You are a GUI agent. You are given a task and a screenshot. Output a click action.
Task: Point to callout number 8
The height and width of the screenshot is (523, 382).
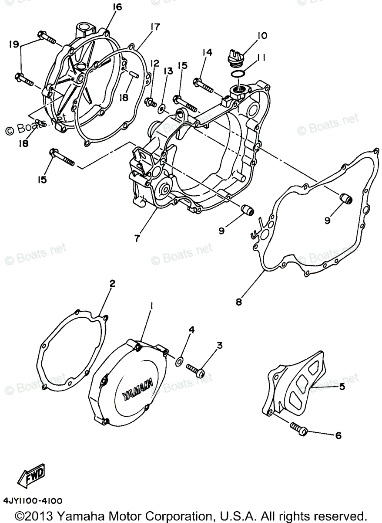tap(239, 301)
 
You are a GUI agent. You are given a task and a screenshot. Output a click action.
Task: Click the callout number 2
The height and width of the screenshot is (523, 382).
tap(112, 284)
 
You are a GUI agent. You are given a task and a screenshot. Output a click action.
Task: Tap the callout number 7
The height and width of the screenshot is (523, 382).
tap(137, 238)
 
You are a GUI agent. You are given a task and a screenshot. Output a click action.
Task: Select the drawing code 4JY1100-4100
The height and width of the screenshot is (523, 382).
tap(33, 500)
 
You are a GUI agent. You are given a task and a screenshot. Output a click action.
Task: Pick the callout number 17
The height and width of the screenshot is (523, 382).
tap(143, 27)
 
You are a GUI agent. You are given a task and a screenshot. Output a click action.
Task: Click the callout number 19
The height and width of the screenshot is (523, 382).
tap(13, 44)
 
